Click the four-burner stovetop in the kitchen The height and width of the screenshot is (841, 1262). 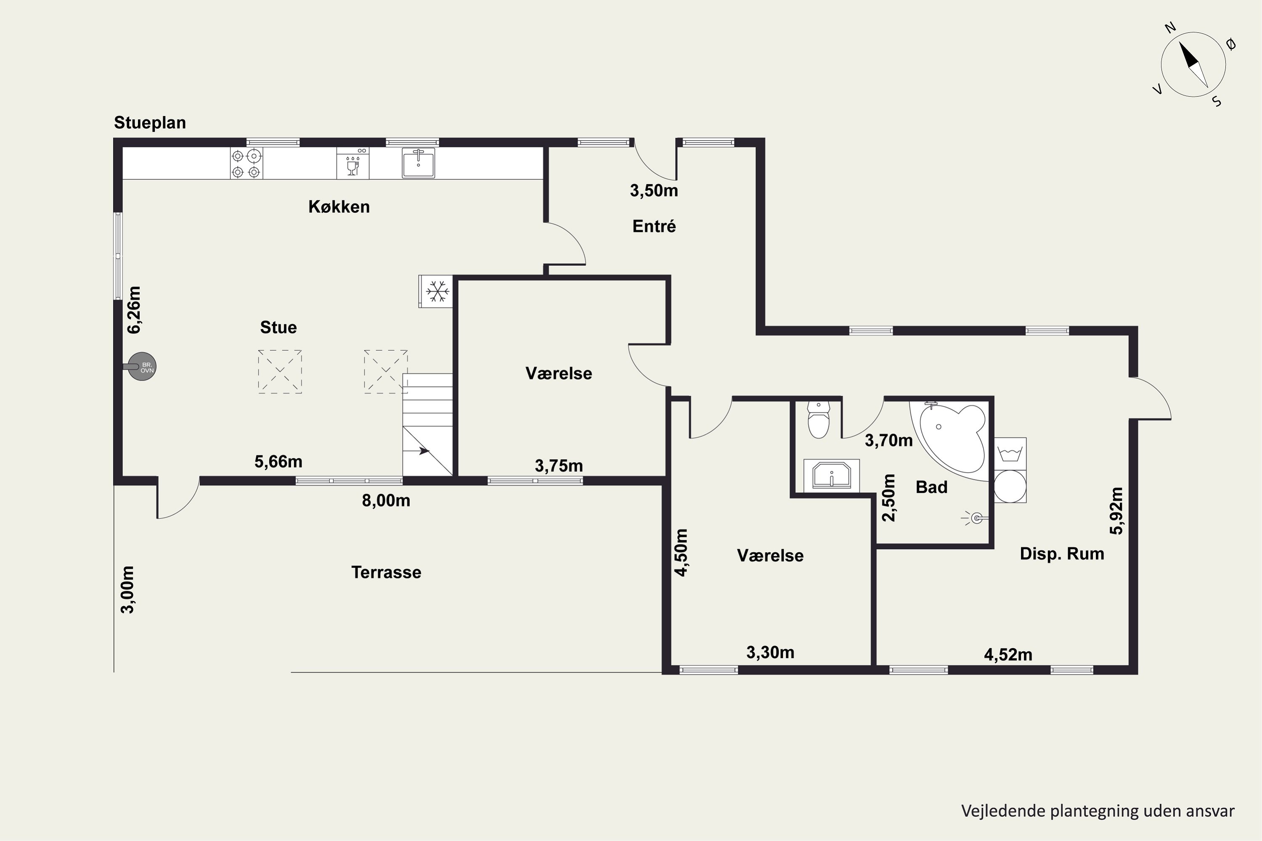pyautogui.click(x=246, y=164)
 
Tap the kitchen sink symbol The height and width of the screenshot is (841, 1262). pyautogui.click(x=419, y=163)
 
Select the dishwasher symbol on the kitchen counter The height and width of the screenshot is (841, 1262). pyautogui.click(x=353, y=163)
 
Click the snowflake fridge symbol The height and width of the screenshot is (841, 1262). pyautogui.click(x=436, y=292)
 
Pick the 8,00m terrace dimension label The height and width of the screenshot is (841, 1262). pyautogui.click(x=386, y=500)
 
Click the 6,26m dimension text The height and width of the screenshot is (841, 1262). pyautogui.click(x=134, y=309)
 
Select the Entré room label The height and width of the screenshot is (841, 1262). pyautogui.click(x=654, y=226)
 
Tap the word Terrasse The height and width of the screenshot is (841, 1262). pyautogui.click(x=386, y=572)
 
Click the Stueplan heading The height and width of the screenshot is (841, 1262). pyautogui.click(x=150, y=123)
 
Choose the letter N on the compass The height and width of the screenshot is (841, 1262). pyautogui.click(x=1170, y=27)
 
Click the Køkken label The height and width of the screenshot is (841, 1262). pyautogui.click(x=339, y=206)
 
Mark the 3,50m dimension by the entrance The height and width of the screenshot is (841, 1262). pyautogui.click(x=654, y=190)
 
